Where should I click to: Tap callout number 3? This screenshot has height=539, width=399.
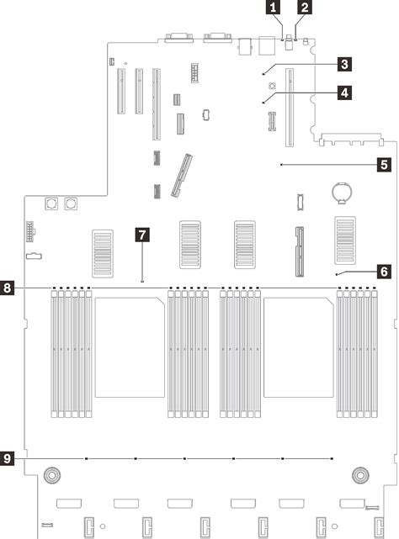[x=344, y=63]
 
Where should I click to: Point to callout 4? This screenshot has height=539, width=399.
[x=344, y=94]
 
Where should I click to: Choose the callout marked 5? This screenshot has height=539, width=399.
[x=383, y=165]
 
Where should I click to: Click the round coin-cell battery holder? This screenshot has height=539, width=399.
[x=342, y=215]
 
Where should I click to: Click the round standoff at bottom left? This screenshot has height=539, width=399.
[x=52, y=476]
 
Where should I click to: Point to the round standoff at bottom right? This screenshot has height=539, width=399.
[x=359, y=476]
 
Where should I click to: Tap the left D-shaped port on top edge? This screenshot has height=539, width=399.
[x=178, y=38]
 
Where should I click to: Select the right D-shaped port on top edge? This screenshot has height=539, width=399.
[x=214, y=38]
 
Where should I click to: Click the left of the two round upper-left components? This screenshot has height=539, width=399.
[x=52, y=203]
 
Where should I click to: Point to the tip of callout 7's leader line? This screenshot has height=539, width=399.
[x=143, y=280]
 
